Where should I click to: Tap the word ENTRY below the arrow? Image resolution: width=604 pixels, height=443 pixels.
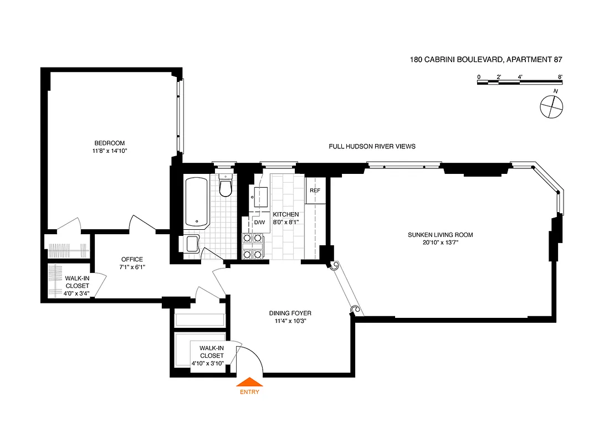point(249,392)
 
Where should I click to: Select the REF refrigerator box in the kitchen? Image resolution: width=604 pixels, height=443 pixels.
point(315,190)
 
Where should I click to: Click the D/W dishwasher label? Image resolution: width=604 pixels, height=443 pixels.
point(259,223)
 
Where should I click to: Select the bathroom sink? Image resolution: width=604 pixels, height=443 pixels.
point(192,244)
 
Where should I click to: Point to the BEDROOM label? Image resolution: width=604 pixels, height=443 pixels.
point(109,143)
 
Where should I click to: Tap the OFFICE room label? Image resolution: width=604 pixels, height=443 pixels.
point(132,259)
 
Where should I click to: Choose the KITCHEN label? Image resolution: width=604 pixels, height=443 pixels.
point(285,214)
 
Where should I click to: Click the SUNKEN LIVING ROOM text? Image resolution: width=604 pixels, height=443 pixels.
point(441,235)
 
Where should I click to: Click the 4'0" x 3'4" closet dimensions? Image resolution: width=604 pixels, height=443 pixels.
point(77,293)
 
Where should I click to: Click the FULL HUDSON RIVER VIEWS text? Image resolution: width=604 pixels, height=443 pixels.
point(372,146)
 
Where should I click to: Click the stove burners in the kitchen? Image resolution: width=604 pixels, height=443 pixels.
point(252,246)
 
